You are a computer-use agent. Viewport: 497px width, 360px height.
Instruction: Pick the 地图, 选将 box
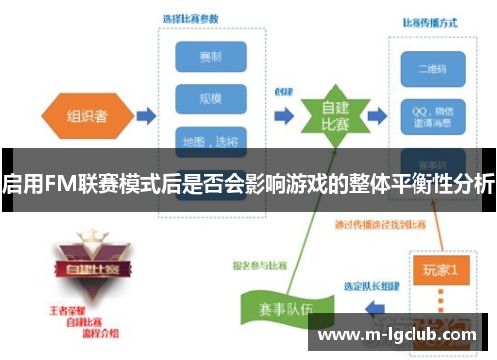click(x=210, y=139)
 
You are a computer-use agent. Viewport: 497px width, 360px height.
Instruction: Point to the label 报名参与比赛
click(x=256, y=266)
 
